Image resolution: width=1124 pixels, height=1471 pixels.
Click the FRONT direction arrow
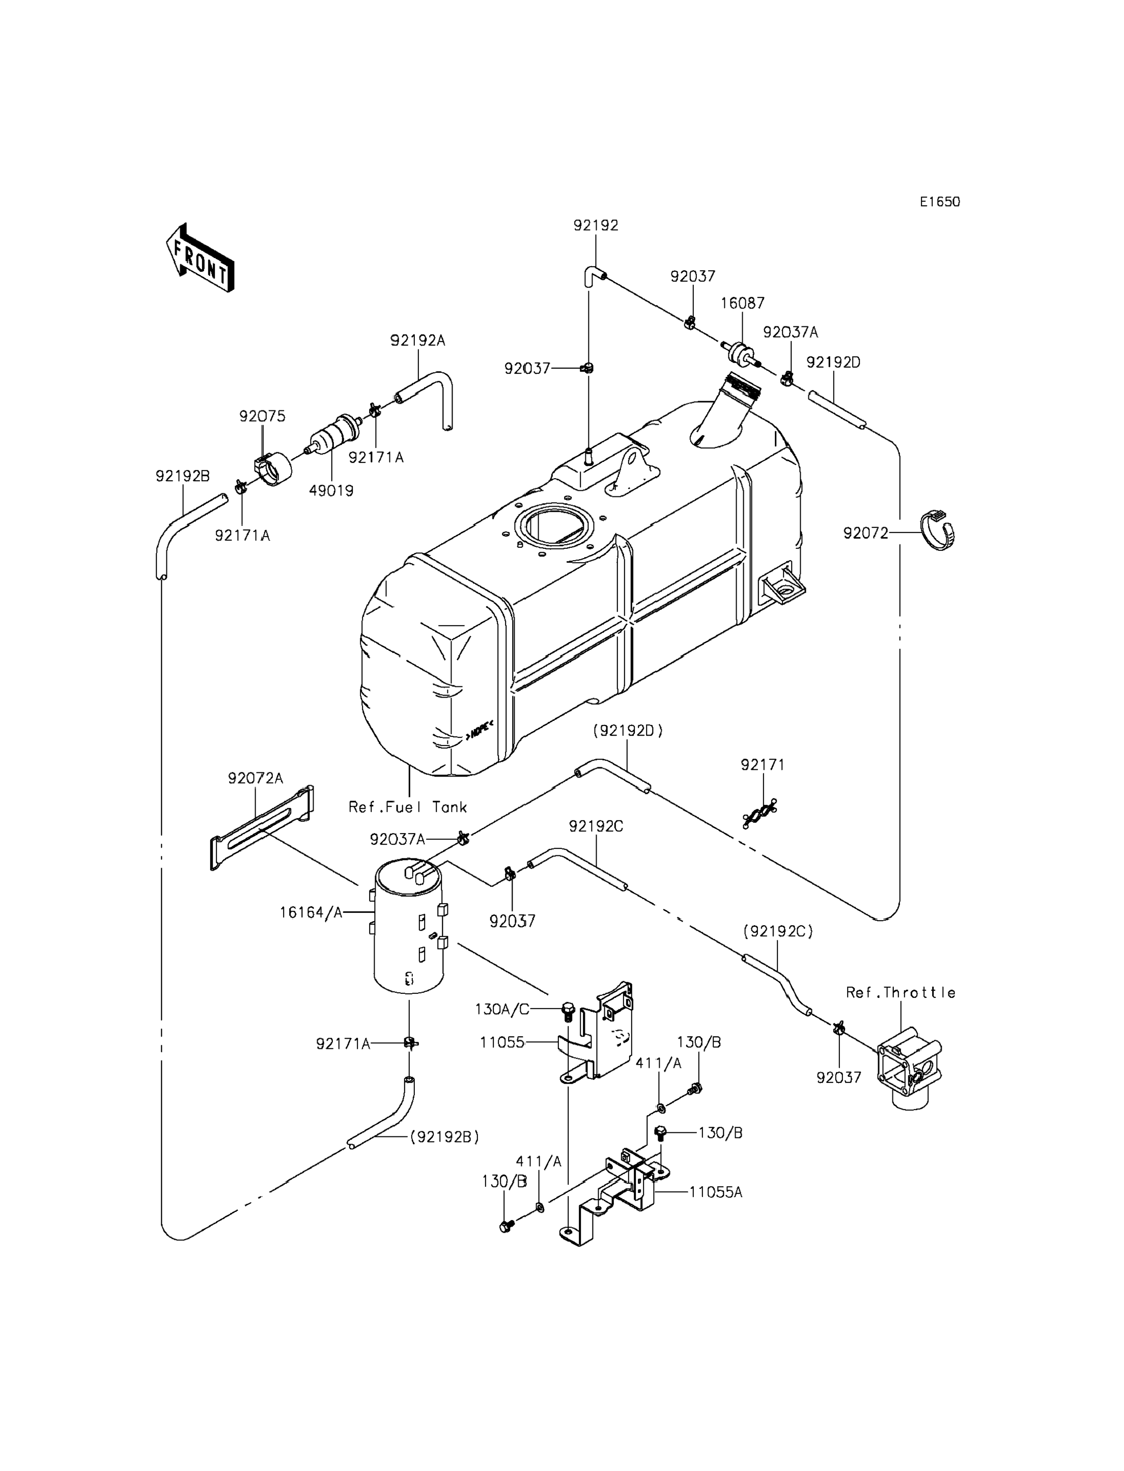click(x=200, y=258)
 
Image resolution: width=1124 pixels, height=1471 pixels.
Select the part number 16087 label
click(x=743, y=303)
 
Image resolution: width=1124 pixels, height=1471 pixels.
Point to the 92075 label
click(x=262, y=417)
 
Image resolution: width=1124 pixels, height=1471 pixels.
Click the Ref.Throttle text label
click(x=901, y=992)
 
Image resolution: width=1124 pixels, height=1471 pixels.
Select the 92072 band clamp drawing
click(x=937, y=530)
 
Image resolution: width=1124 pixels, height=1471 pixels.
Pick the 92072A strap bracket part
click(x=262, y=828)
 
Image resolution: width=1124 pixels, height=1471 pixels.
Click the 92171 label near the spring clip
click(x=763, y=765)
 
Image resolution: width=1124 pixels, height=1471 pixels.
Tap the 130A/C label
click(x=502, y=1009)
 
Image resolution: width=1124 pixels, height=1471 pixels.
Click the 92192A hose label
click(x=418, y=341)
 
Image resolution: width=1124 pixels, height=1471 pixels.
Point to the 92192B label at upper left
click(x=183, y=476)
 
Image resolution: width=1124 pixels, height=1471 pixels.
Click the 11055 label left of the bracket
click(x=502, y=1042)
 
